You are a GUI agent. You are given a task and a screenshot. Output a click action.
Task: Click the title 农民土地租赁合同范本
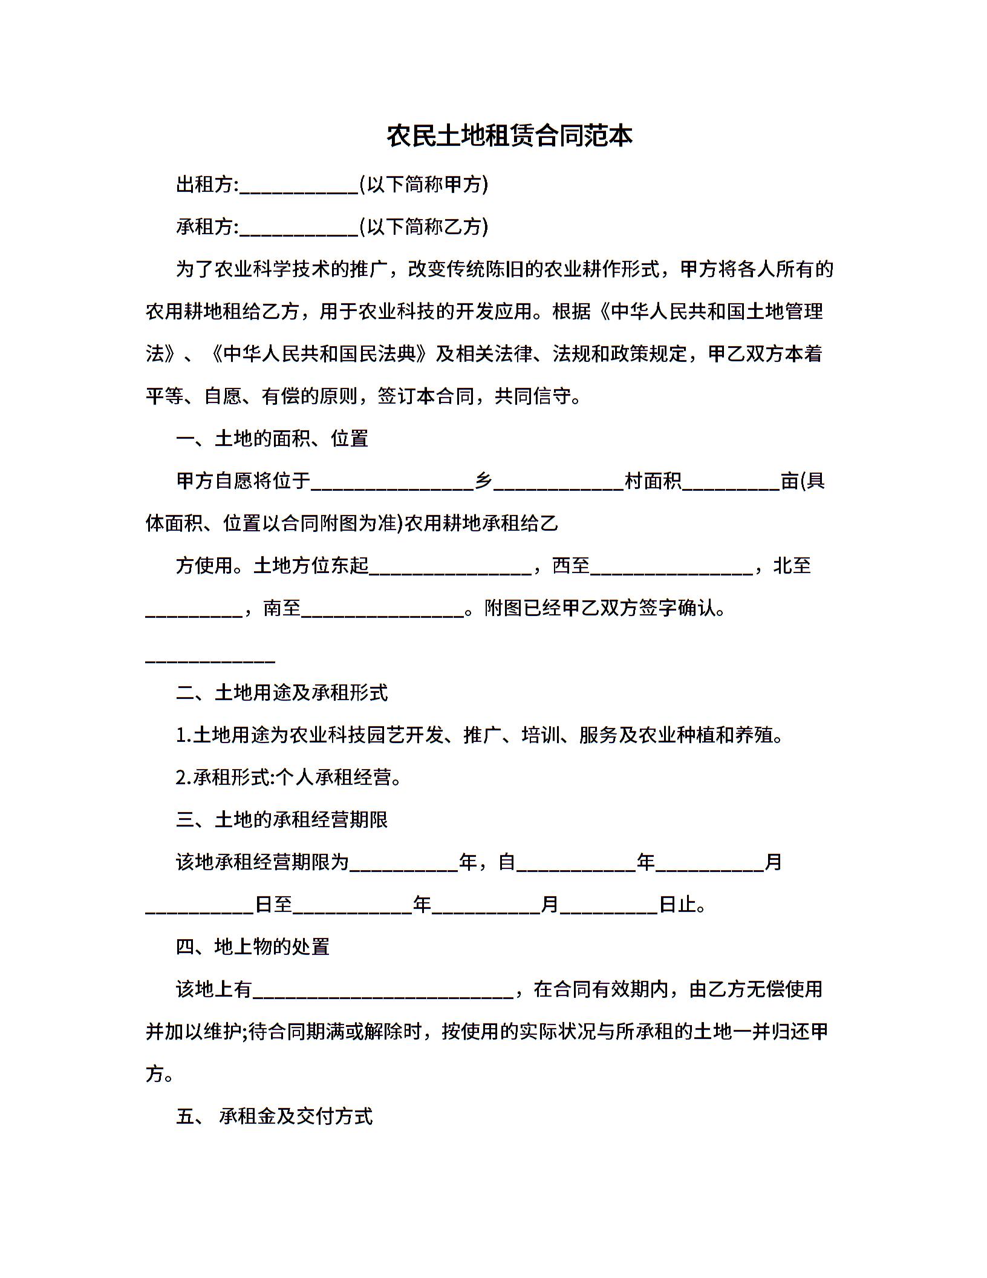(x=509, y=136)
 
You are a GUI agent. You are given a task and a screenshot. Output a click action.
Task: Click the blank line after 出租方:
(x=299, y=189)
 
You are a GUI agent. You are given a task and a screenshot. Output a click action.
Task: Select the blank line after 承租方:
(x=299, y=231)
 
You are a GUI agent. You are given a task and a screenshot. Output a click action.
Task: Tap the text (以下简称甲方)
(x=423, y=185)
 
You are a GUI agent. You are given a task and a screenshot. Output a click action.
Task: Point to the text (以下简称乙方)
(x=423, y=227)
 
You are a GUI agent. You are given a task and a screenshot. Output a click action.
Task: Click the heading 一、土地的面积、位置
(x=272, y=439)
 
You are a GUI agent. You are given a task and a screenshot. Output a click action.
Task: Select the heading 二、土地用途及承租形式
(x=282, y=693)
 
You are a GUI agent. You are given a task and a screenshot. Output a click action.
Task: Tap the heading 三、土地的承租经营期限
(x=282, y=820)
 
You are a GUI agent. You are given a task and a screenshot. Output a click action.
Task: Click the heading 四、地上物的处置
(x=253, y=947)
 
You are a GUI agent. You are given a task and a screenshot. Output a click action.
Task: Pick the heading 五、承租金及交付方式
(x=275, y=1116)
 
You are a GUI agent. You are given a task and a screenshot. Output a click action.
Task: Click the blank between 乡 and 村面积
(x=558, y=485)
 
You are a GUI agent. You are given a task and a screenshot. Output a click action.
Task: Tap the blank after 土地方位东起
(x=451, y=570)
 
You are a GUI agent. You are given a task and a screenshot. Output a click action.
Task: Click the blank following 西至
(x=671, y=570)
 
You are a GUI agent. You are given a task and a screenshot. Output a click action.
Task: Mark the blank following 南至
(x=383, y=612)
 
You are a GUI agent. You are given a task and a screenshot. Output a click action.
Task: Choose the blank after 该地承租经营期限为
(x=404, y=867)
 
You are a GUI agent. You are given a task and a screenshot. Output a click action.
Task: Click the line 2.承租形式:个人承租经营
(x=289, y=778)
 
